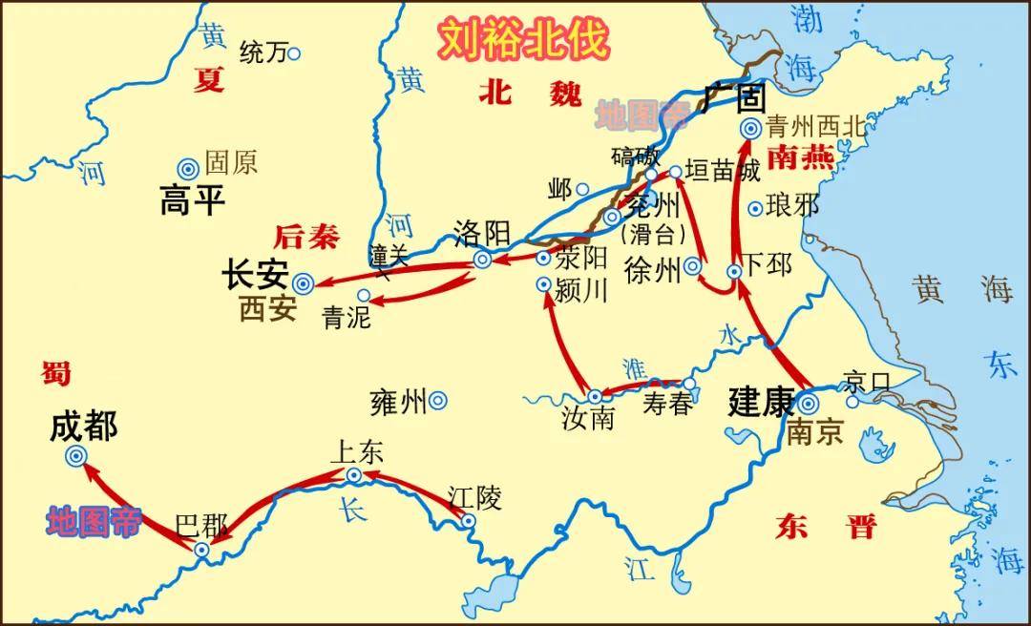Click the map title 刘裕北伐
[522, 39]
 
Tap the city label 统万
[263, 53]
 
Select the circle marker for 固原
[188, 168]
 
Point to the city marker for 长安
[303, 282]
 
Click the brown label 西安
[267, 309]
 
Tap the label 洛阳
[482, 233]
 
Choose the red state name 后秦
[305, 236]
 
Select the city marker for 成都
[76, 457]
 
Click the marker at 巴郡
[201, 550]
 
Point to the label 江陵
[474, 496]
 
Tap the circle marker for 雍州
[438, 401]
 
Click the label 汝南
[588, 418]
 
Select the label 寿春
[666, 405]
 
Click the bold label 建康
[761, 401]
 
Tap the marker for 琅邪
[755, 208]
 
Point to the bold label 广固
[735, 96]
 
